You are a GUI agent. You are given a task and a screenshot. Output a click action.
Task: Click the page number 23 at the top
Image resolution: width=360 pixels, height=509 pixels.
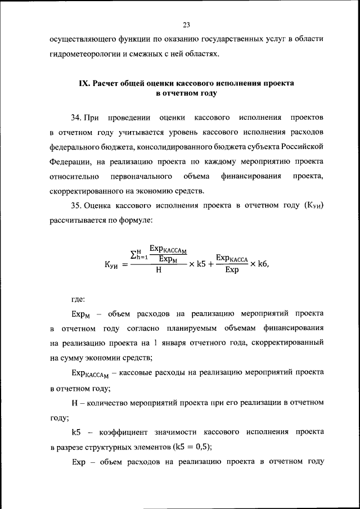tap(186, 24)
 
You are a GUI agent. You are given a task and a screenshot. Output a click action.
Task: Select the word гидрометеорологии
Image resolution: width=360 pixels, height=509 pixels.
tap(84, 55)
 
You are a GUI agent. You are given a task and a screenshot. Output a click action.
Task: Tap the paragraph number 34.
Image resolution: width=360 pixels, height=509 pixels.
tap(76, 119)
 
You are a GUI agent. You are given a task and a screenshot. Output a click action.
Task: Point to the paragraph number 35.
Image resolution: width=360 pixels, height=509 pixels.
tap(76, 206)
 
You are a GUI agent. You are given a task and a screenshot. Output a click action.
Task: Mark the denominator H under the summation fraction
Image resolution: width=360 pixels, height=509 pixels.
tap(159, 270)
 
